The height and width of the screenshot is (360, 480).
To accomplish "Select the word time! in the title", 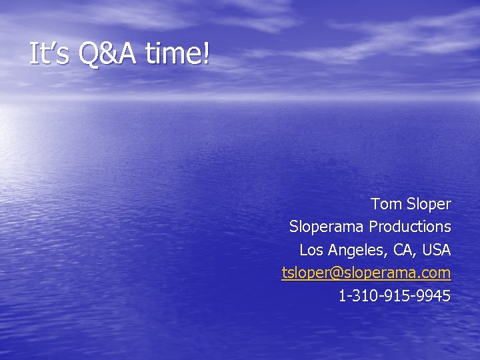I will tap(177, 54).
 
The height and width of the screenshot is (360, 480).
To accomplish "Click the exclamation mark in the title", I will tap(205, 54).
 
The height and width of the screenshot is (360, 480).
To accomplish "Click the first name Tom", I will tap(385, 203).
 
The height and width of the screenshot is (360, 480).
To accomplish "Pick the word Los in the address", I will tap(310, 250).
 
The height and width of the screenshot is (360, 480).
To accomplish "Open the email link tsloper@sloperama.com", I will tap(366, 273).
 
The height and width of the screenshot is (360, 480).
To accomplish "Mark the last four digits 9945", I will tap(434, 295).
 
